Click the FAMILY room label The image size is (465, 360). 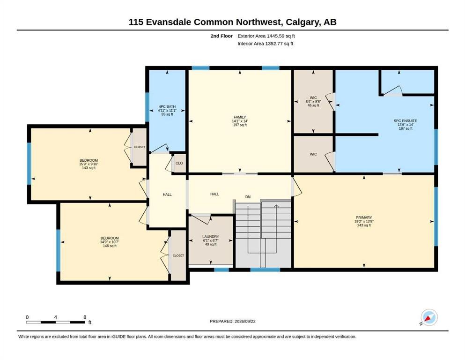240,117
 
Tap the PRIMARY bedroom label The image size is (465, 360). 364,217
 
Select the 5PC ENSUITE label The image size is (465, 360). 406,121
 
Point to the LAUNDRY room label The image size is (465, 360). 211,237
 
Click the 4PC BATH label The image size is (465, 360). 167,106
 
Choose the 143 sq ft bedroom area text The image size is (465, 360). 89,168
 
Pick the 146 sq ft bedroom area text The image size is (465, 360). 110,246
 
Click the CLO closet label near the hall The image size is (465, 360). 179,163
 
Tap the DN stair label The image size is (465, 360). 248,197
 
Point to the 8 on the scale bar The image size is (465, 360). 85,317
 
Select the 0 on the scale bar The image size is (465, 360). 27,317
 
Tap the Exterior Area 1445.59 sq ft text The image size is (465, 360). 266,36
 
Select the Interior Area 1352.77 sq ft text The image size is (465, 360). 266,44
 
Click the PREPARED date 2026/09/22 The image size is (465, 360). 245,321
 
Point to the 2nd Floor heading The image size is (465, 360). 221,36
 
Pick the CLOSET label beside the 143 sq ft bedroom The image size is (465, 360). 140,147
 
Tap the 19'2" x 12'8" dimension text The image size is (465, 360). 364,221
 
